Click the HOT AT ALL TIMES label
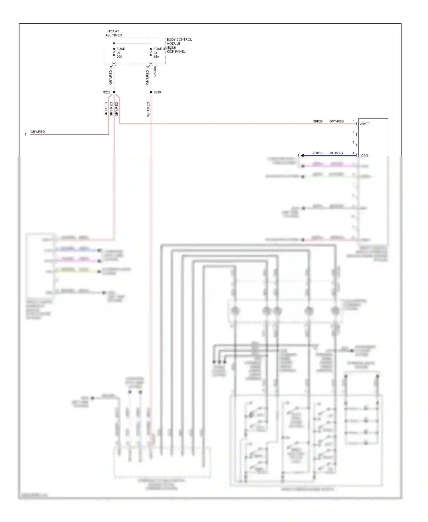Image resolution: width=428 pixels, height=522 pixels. pyautogui.click(x=114, y=33)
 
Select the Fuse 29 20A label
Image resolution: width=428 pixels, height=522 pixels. pyautogui.click(x=120, y=53)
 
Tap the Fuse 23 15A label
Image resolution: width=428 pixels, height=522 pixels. pyautogui.click(x=157, y=53)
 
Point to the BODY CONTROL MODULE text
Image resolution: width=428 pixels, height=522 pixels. pyautogui.click(x=179, y=41)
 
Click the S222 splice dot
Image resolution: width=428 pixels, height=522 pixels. pyautogui.click(x=114, y=92)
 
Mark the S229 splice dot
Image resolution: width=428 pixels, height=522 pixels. pyautogui.click(x=151, y=92)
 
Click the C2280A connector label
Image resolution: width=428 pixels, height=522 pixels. pyautogui.click(x=155, y=72)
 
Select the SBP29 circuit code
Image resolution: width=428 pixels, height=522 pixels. pyautogui.click(x=318, y=121)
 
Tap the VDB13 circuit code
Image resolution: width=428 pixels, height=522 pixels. pyautogui.click(x=317, y=153)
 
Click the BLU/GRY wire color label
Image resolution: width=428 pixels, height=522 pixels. pyautogui.click(x=336, y=153)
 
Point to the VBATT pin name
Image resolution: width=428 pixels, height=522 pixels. pyautogui.click(x=365, y=124)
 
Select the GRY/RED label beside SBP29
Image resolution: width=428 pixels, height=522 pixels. pyautogui.click(x=336, y=121)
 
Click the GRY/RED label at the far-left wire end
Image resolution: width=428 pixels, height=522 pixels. pyautogui.click(x=38, y=132)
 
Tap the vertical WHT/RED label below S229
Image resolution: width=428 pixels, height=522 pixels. pyautogui.click(x=148, y=109)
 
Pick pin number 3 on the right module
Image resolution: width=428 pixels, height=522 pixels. pyautogui.click(x=353, y=142)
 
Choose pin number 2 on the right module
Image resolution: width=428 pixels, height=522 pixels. pyautogui.click(x=353, y=132)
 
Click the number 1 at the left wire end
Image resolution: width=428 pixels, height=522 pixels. pyautogui.click(x=26, y=134)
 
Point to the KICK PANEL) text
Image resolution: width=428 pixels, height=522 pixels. pyautogui.click(x=176, y=52)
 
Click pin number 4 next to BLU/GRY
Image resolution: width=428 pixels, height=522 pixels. pyautogui.click(x=353, y=153)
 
